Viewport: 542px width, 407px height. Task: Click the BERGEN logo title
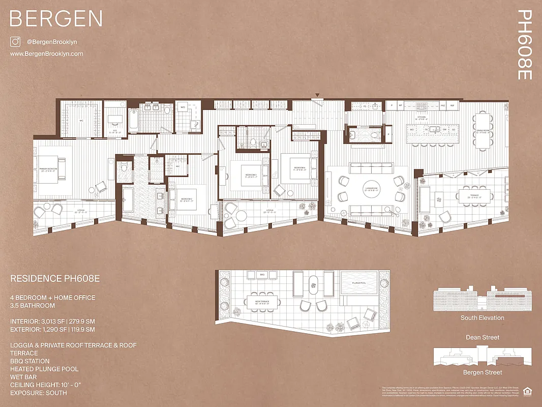(56, 19)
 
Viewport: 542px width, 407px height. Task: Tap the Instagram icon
(15, 42)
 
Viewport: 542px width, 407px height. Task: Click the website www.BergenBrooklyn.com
(46, 54)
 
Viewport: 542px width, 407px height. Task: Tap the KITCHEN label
(421, 117)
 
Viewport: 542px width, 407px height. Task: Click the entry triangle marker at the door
(317, 95)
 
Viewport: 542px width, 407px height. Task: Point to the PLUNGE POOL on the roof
(358, 286)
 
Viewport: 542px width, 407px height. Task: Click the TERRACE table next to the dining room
(475, 196)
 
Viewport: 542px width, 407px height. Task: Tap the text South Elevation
(482, 318)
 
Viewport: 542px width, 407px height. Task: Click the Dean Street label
(482, 337)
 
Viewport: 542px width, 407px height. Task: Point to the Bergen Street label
(482, 373)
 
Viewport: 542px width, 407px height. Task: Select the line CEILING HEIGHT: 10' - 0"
(45, 385)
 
